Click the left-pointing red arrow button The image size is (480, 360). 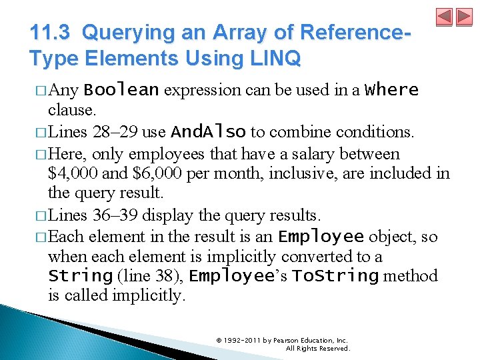[x=445, y=17]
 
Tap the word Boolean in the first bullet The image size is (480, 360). [x=121, y=90]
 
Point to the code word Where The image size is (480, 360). [x=392, y=89]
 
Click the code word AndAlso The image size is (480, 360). [x=208, y=132]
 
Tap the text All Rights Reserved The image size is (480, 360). [x=317, y=348]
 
